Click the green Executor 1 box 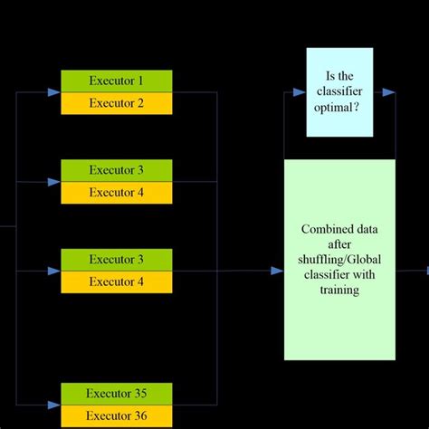[116, 81]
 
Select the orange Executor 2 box [116, 102]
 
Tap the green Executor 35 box [116, 394]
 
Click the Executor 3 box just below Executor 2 [116, 170]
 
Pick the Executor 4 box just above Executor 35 [116, 281]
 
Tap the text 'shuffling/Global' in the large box [339, 261]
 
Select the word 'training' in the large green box [339, 291]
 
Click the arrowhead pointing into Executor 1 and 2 [55, 91]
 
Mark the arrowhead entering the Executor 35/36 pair [55, 405]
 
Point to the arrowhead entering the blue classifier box [300, 92]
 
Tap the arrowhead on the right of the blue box [388, 92]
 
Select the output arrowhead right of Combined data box [424, 271]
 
